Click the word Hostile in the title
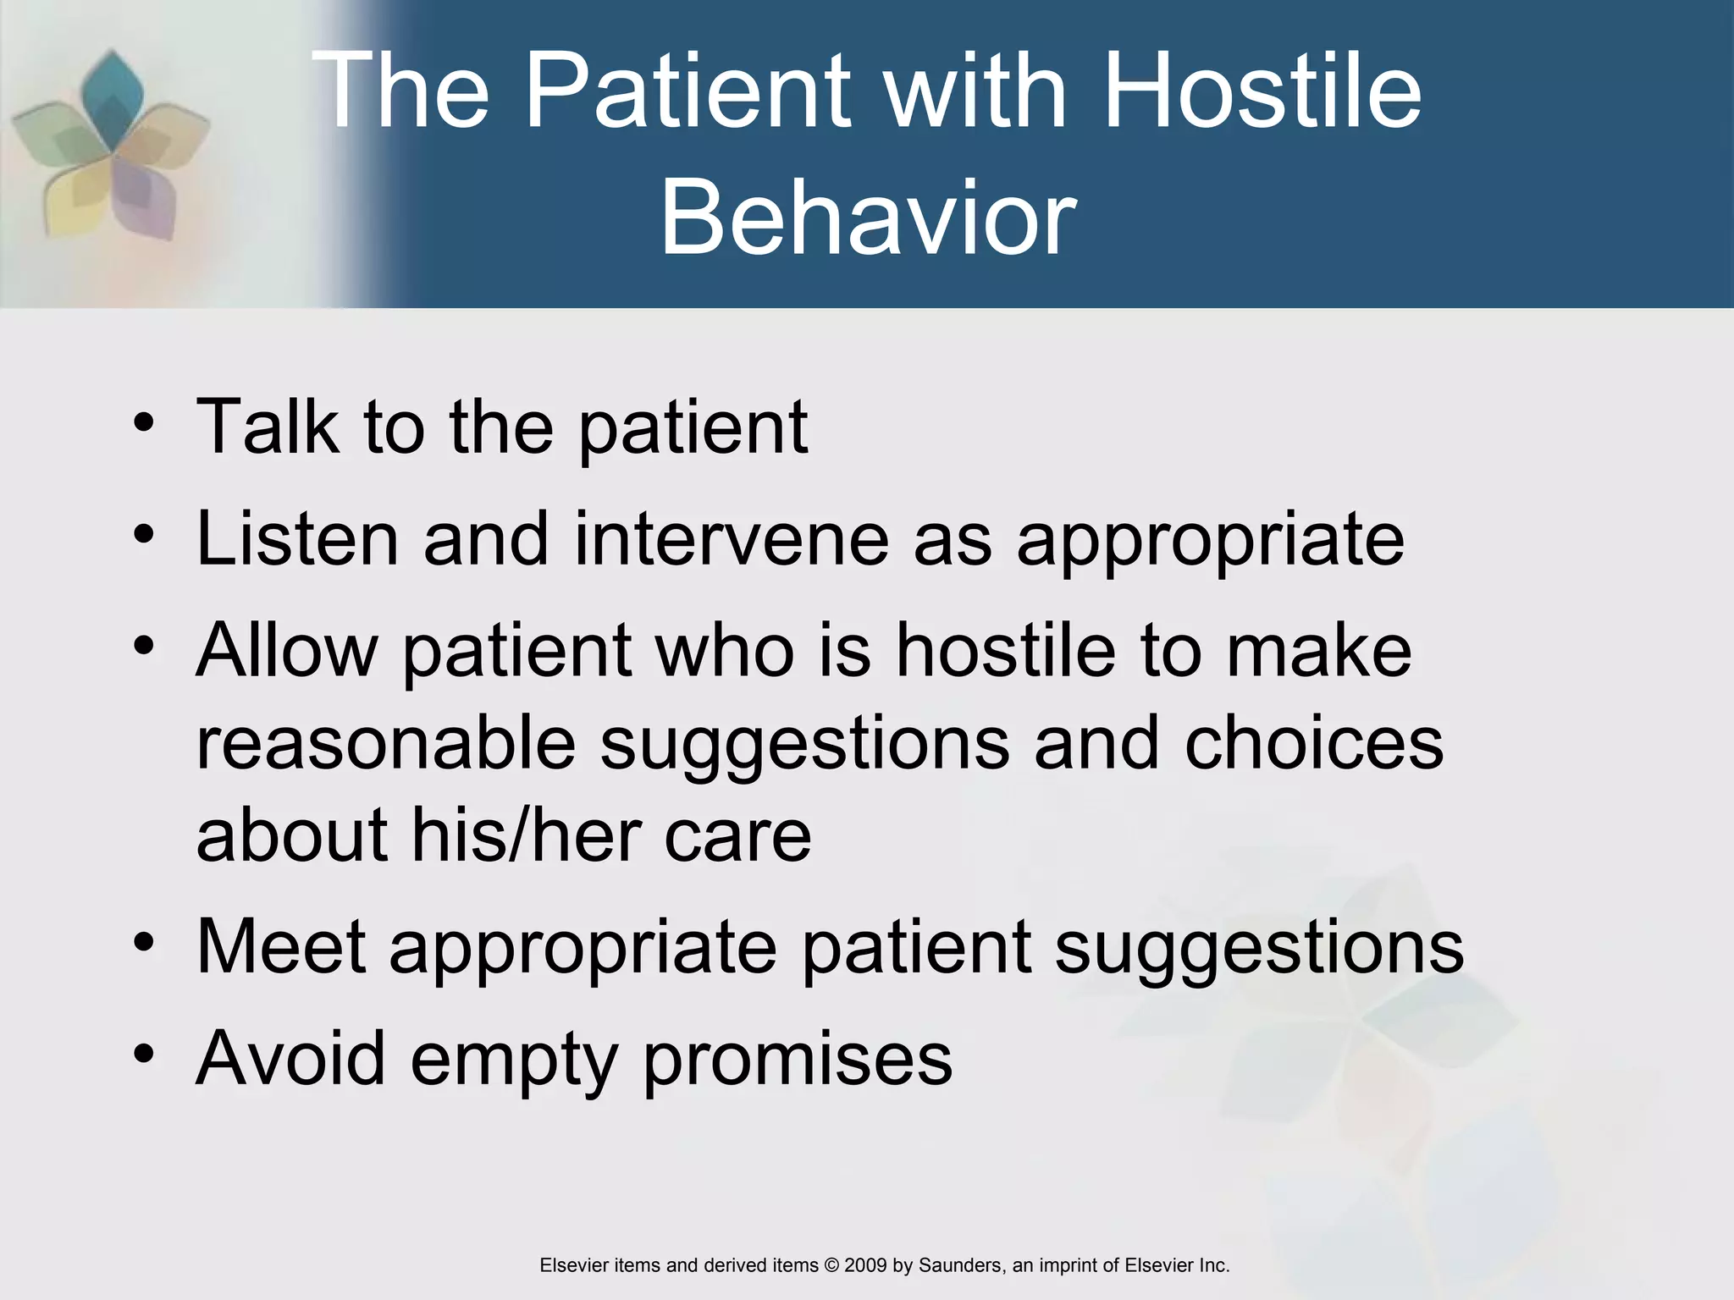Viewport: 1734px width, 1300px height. pos(1262,91)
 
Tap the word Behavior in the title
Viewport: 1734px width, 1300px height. pos(868,218)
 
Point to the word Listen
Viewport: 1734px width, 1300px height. pos(296,539)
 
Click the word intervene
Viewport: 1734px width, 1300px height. pos(731,539)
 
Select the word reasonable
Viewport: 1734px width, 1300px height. pos(386,742)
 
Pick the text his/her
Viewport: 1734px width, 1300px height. pos(526,835)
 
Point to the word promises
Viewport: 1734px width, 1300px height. pos(798,1060)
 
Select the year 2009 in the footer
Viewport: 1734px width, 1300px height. pos(864,1265)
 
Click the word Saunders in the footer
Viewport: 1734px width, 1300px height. pos(960,1265)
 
